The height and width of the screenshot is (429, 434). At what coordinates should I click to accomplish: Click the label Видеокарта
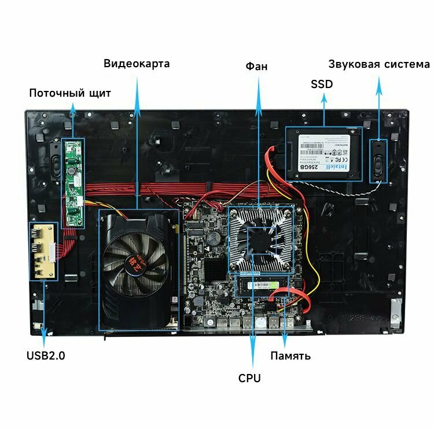(137, 63)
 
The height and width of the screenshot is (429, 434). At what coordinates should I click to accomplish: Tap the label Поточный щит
(70, 93)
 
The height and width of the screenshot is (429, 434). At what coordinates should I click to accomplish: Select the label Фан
(256, 66)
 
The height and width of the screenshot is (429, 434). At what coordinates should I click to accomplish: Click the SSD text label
(322, 84)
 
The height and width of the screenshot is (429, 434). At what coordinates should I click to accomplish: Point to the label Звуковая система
(379, 64)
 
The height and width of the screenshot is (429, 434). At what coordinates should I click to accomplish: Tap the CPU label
(249, 378)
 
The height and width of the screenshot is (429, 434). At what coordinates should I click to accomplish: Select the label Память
(290, 355)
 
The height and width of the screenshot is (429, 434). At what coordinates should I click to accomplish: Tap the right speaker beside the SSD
(378, 161)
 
